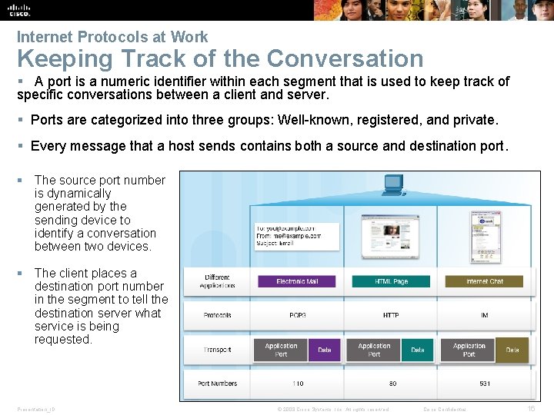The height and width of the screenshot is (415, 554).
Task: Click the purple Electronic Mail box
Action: pyautogui.click(x=297, y=281)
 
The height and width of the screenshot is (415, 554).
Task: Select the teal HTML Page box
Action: pyautogui.click(x=391, y=281)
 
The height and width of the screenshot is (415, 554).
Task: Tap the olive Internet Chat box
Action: pyautogui.click(x=484, y=281)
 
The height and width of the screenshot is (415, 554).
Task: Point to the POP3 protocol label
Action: pyautogui.click(x=297, y=315)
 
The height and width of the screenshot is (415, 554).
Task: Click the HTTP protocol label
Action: pyautogui.click(x=391, y=315)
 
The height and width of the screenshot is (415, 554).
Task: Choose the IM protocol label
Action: pyautogui.click(x=485, y=315)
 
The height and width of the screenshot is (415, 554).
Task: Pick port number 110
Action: pyautogui.click(x=297, y=383)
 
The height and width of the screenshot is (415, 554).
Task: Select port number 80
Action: pyautogui.click(x=392, y=383)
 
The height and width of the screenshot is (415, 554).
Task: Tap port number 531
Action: pyautogui.click(x=485, y=383)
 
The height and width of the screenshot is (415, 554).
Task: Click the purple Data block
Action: pyautogui.click(x=325, y=350)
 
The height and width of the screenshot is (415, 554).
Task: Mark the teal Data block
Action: pyautogui.click(x=417, y=350)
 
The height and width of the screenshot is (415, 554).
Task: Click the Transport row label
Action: pyautogui.click(x=217, y=350)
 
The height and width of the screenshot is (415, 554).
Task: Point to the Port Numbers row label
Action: pyautogui.click(x=217, y=383)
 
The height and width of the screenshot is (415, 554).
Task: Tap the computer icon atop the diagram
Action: pyautogui.click(x=393, y=184)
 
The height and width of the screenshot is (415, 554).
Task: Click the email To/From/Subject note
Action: pyautogui.click(x=297, y=234)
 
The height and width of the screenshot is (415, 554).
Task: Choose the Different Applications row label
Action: pyautogui.click(x=217, y=281)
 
